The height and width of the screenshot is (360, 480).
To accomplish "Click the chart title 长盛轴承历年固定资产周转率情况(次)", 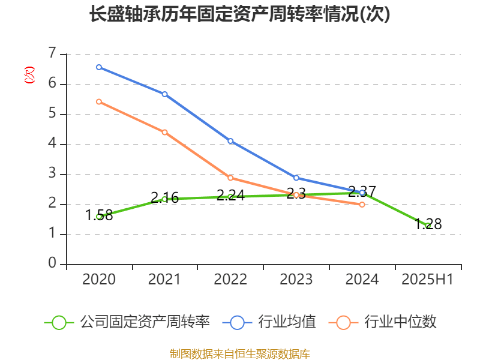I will [239, 14].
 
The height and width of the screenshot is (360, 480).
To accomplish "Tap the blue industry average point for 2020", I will [99, 67].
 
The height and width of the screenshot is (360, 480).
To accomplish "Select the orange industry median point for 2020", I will [99, 101].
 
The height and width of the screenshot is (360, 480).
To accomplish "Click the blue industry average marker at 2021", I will [164, 94].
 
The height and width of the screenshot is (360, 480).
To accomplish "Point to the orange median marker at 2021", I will [164, 132].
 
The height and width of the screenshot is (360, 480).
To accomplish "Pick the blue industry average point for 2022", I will [230, 141].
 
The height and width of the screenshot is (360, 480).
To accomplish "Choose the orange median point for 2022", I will [230, 178].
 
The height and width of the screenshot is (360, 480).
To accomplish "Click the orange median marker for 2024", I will [362, 205].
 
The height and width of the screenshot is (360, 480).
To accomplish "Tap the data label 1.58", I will [99, 215].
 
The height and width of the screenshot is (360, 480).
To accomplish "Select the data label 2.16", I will [164, 197].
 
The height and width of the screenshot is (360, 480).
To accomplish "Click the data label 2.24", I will [230, 195].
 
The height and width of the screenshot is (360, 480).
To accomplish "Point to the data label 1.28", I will [428, 224].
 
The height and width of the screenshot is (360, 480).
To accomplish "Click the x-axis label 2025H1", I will [428, 280].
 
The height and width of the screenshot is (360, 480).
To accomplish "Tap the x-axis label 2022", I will [230, 280].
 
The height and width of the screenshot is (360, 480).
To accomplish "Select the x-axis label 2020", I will [99, 280].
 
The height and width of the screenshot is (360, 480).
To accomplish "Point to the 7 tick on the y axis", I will [52, 54].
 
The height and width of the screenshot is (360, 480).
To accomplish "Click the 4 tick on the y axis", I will [52, 144].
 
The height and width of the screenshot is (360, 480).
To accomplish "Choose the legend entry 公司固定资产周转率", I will [144, 322].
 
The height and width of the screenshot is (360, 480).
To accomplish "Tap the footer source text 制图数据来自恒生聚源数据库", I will [239, 353].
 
